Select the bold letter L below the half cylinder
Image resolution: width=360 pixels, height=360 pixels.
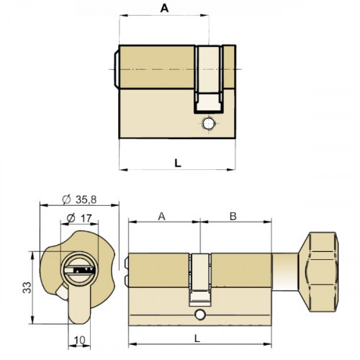pos(177,162)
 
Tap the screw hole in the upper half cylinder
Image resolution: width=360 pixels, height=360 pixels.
pos(209,124)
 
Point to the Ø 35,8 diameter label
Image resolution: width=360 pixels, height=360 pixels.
pos(78,199)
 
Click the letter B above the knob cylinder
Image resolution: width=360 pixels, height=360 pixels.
pos(233,215)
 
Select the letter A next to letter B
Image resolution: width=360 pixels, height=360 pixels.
pos(161,215)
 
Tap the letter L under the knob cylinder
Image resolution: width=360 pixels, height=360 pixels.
pos(199,337)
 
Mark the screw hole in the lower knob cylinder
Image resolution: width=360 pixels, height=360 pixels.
pos(199,315)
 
